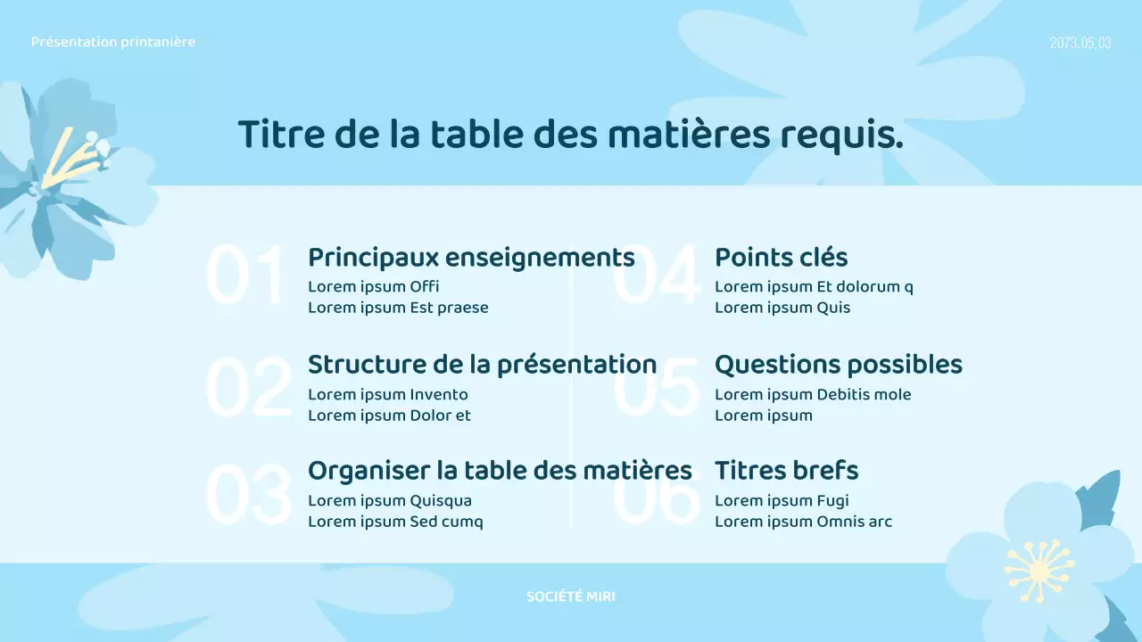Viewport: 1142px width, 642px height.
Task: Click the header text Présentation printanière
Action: click(x=112, y=42)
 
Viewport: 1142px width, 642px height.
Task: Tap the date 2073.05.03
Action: click(x=1080, y=43)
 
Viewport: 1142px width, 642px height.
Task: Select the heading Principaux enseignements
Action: click(x=471, y=258)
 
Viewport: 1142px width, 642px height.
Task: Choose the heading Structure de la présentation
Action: click(x=482, y=365)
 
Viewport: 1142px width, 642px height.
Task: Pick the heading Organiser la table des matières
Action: click(x=500, y=470)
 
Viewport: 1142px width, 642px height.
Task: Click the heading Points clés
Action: click(x=781, y=258)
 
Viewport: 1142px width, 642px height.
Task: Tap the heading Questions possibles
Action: click(x=838, y=365)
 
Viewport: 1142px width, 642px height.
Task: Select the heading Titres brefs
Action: click(x=786, y=470)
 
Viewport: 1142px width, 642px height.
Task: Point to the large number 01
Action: click(x=245, y=276)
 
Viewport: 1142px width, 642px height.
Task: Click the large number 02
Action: click(x=248, y=388)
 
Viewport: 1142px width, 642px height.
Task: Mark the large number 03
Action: click(x=248, y=494)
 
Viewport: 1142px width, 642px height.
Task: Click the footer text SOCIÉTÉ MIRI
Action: click(x=570, y=597)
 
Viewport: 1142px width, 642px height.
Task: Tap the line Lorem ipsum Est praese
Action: click(x=398, y=308)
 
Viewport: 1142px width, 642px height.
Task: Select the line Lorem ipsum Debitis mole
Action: click(x=813, y=394)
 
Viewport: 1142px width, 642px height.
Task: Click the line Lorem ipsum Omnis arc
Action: click(x=803, y=522)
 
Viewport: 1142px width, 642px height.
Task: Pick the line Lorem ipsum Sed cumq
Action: click(x=395, y=522)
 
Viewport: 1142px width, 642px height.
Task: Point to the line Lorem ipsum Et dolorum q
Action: click(x=814, y=287)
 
